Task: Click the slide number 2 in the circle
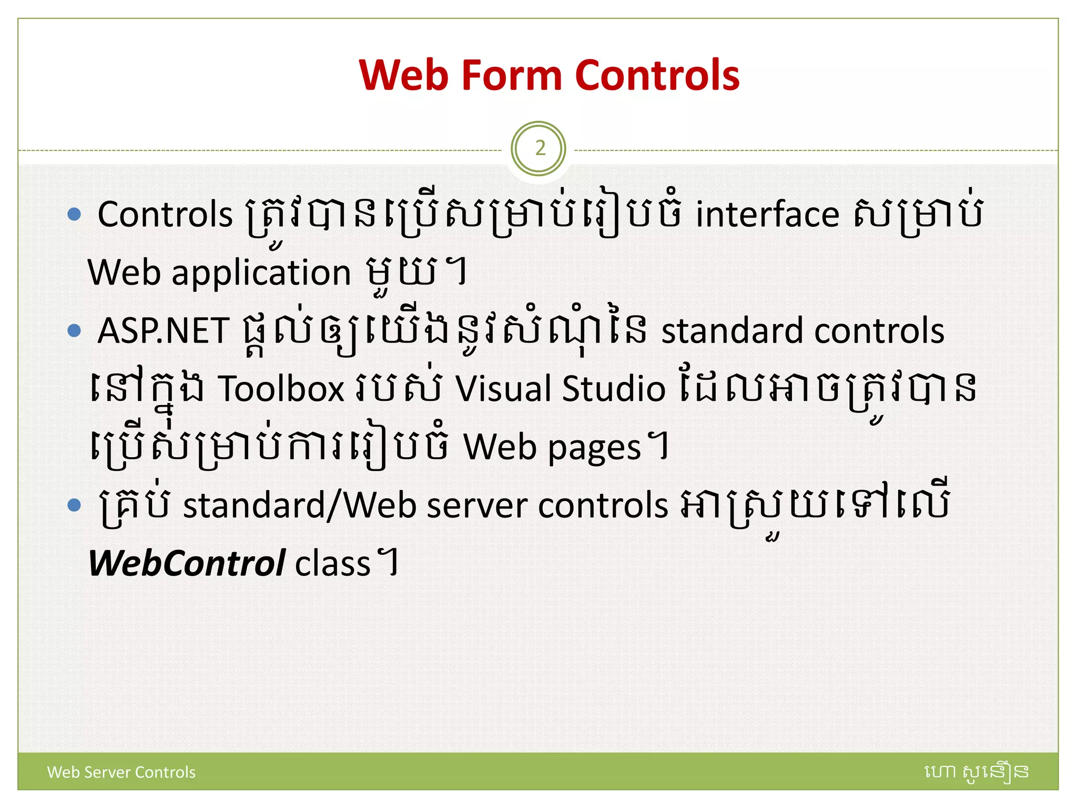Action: (x=540, y=149)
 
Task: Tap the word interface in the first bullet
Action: (x=767, y=215)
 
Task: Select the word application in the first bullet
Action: (x=261, y=273)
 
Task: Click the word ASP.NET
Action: (x=164, y=331)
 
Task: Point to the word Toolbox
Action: (x=281, y=389)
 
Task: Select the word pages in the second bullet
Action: (x=594, y=449)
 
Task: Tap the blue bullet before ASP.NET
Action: (x=75, y=331)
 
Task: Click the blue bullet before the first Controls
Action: (x=75, y=214)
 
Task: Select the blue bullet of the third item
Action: (x=75, y=506)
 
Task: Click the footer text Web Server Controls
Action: (x=121, y=772)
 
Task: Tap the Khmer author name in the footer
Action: (x=976, y=772)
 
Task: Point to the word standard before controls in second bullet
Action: (x=731, y=331)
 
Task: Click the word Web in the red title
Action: (x=404, y=75)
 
